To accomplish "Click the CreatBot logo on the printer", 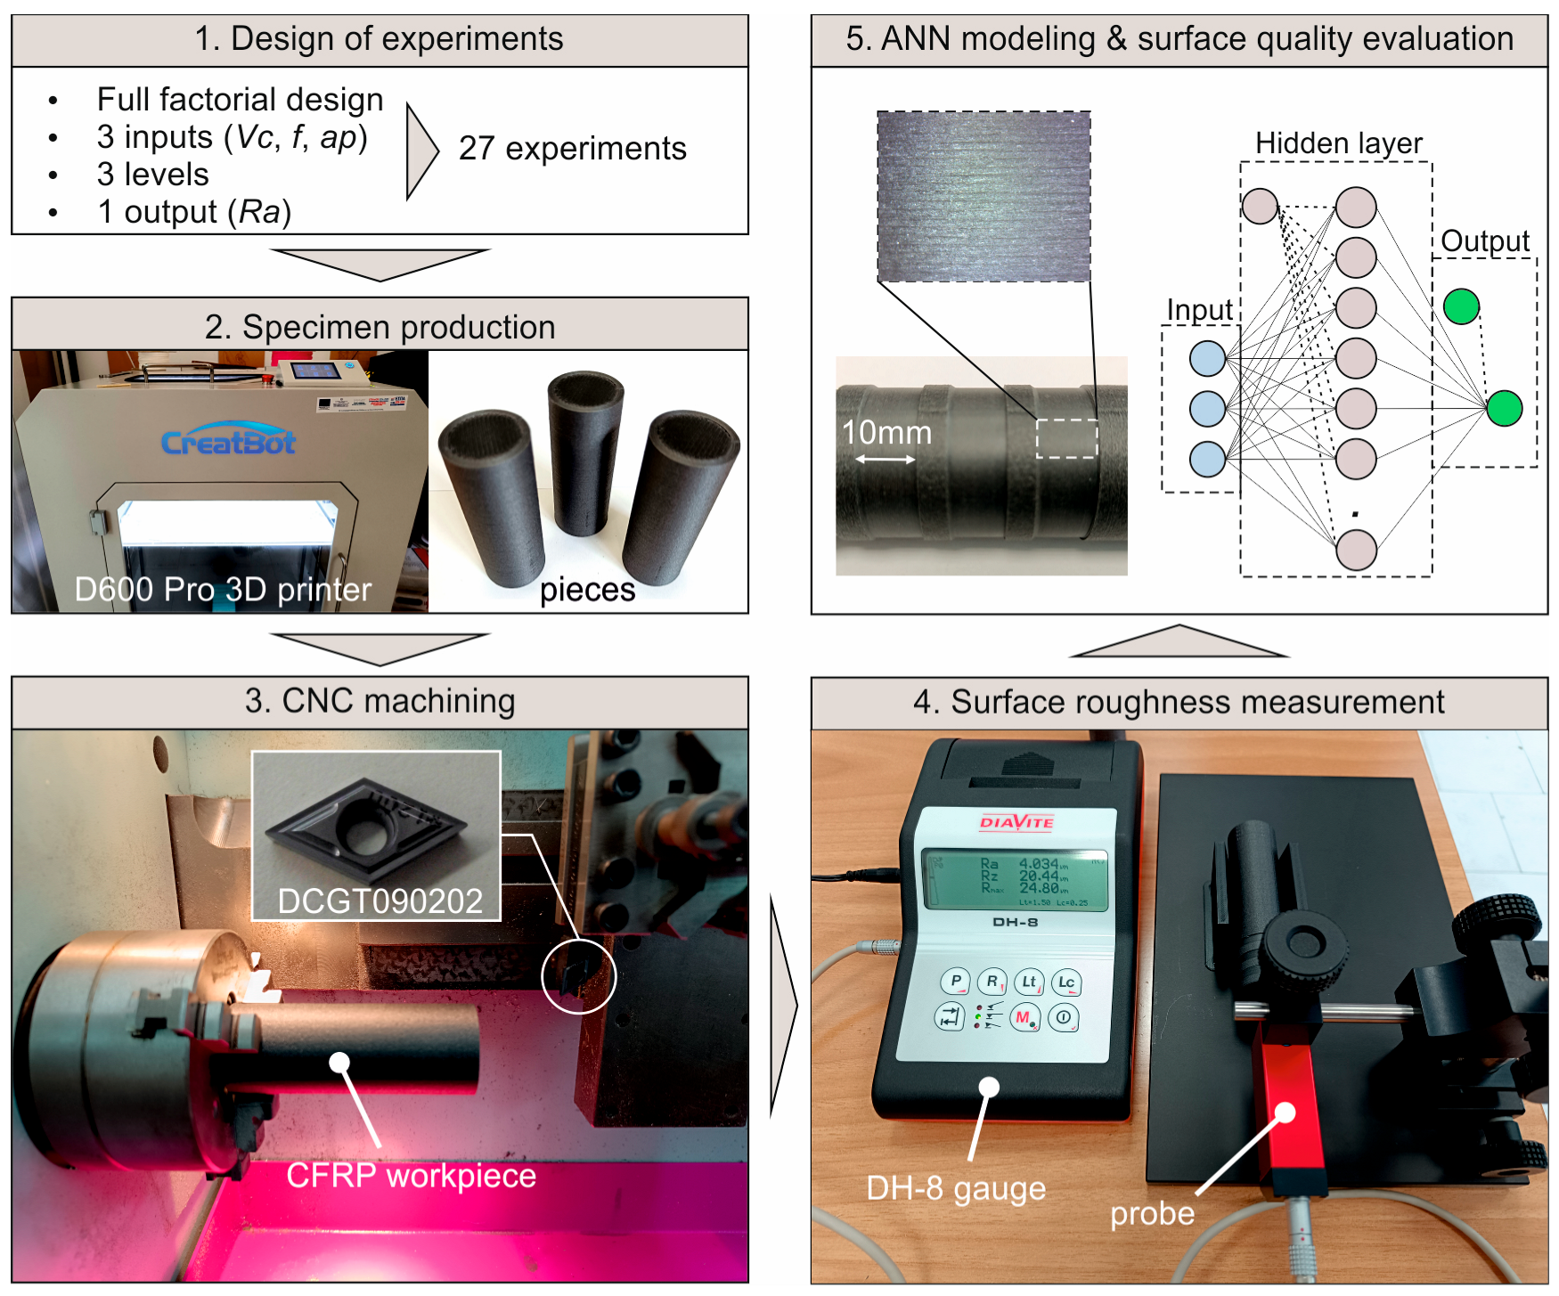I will pyautogui.click(x=228, y=441).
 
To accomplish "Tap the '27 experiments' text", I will pyautogui.click(x=572, y=149).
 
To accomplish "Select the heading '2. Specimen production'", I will pyautogui.click(x=380, y=327).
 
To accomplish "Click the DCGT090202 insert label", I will pyautogui.click(x=380, y=901).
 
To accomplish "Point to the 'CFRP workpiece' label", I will pyautogui.click(x=411, y=1176).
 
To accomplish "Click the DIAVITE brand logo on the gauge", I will pyautogui.click(x=1016, y=822).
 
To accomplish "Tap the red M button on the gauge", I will pyautogui.click(x=1024, y=1017).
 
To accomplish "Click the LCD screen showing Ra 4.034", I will pyautogui.click(x=1016, y=878).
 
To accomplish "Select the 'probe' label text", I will pyautogui.click(x=1152, y=1214).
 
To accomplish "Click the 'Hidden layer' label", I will pyautogui.click(x=1338, y=143).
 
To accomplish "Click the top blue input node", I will pyautogui.click(x=1207, y=359).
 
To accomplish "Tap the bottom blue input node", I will pyautogui.click(x=1207, y=460).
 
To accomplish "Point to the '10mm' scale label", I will pyautogui.click(x=886, y=433).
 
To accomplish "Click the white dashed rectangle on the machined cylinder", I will pyautogui.click(x=1066, y=438).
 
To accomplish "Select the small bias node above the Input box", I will pyautogui.click(x=1260, y=207).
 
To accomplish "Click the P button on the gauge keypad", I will pyautogui.click(x=956, y=982).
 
